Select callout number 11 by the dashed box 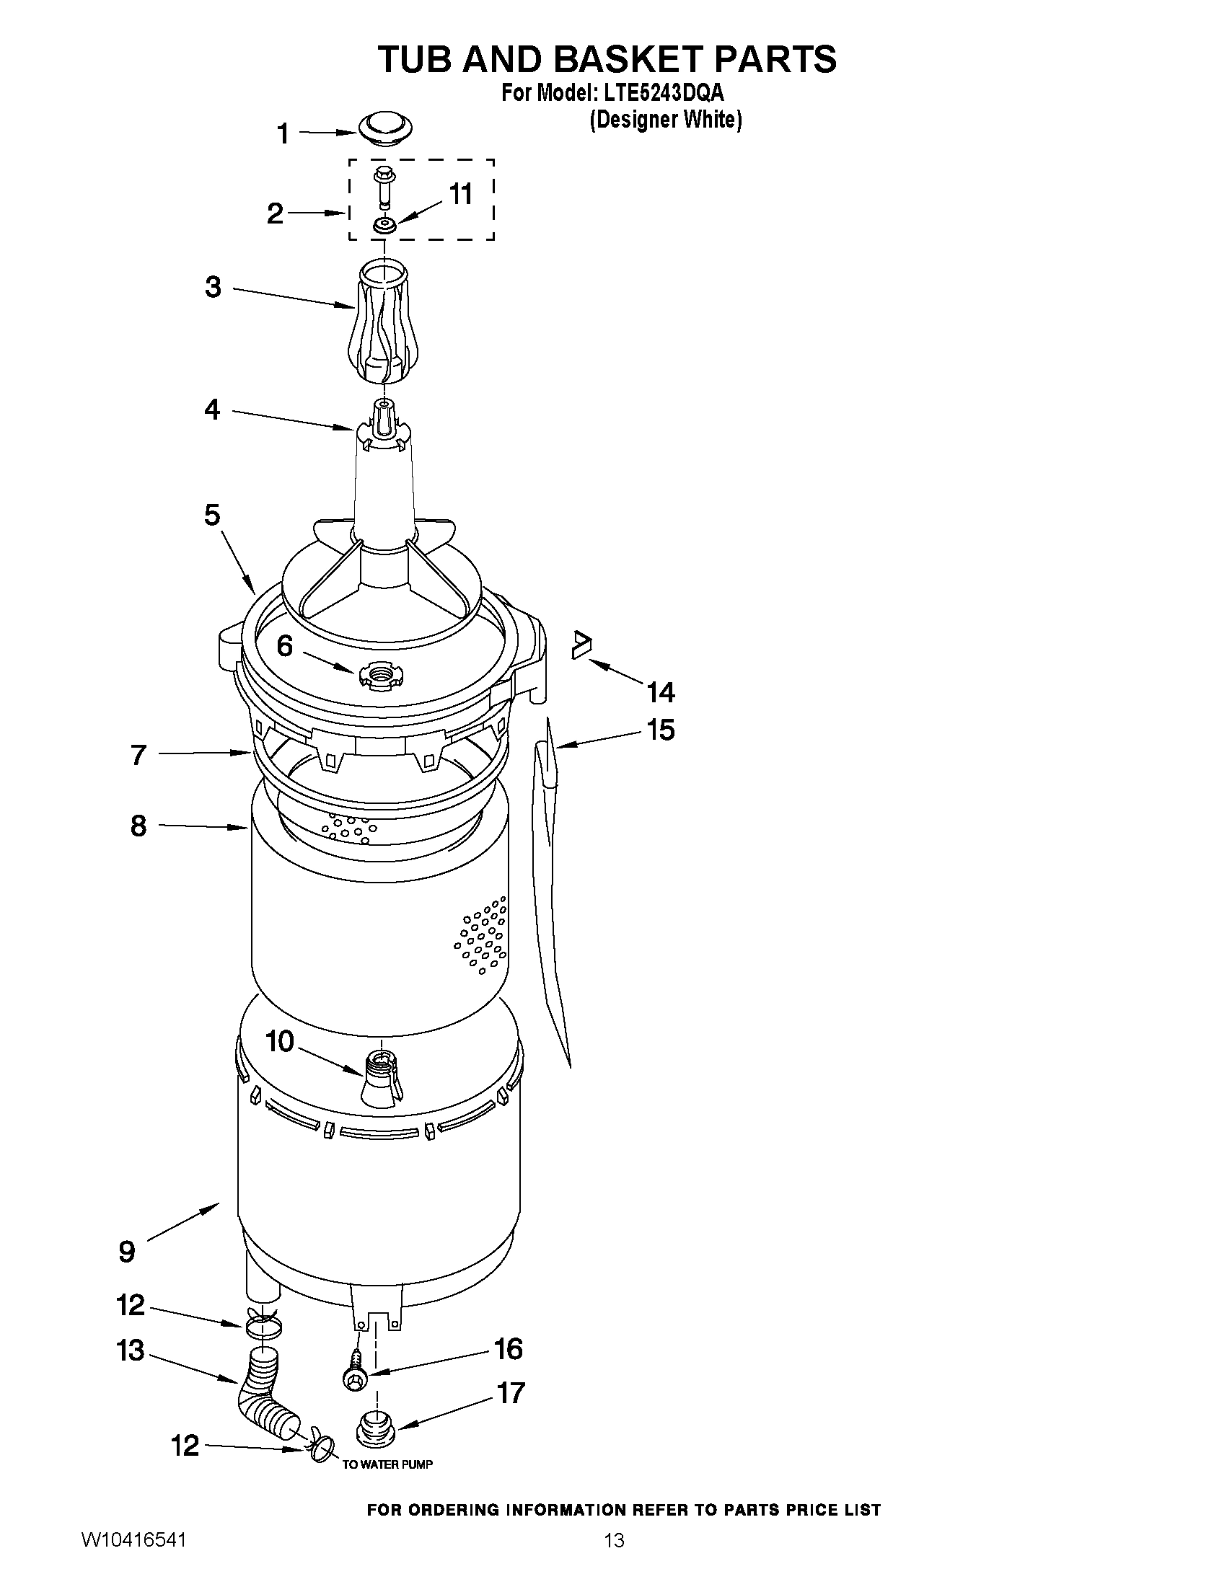pos(461,194)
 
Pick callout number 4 pos(211,410)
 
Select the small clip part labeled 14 pos(581,644)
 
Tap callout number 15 pos(661,730)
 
